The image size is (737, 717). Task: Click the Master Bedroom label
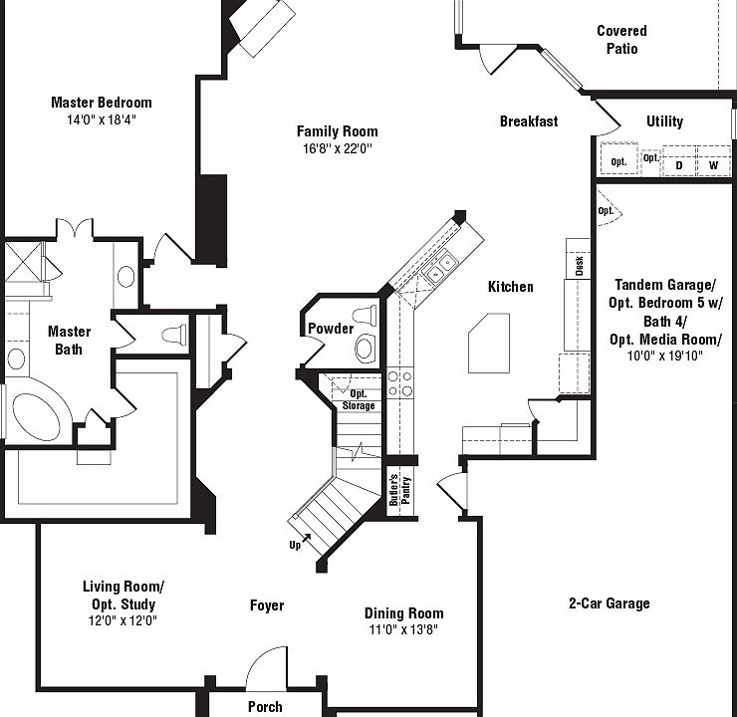click(x=101, y=102)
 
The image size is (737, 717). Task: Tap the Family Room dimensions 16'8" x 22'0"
click(x=337, y=149)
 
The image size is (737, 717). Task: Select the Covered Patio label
click(x=621, y=40)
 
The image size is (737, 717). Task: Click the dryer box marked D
click(x=679, y=164)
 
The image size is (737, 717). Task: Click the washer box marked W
click(x=713, y=164)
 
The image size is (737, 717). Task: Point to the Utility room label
click(x=664, y=121)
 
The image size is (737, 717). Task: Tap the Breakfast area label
click(x=528, y=121)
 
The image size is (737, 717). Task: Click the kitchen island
click(x=490, y=343)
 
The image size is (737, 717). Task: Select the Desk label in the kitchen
click(x=579, y=265)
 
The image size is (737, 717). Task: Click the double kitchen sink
click(x=438, y=266)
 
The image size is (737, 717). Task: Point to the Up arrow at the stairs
click(x=300, y=544)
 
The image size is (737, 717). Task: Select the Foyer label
click(x=266, y=605)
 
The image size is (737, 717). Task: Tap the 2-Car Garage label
click(x=609, y=603)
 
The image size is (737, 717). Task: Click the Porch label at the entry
click(x=264, y=707)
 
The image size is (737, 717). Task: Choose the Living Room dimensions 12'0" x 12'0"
click(x=123, y=620)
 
